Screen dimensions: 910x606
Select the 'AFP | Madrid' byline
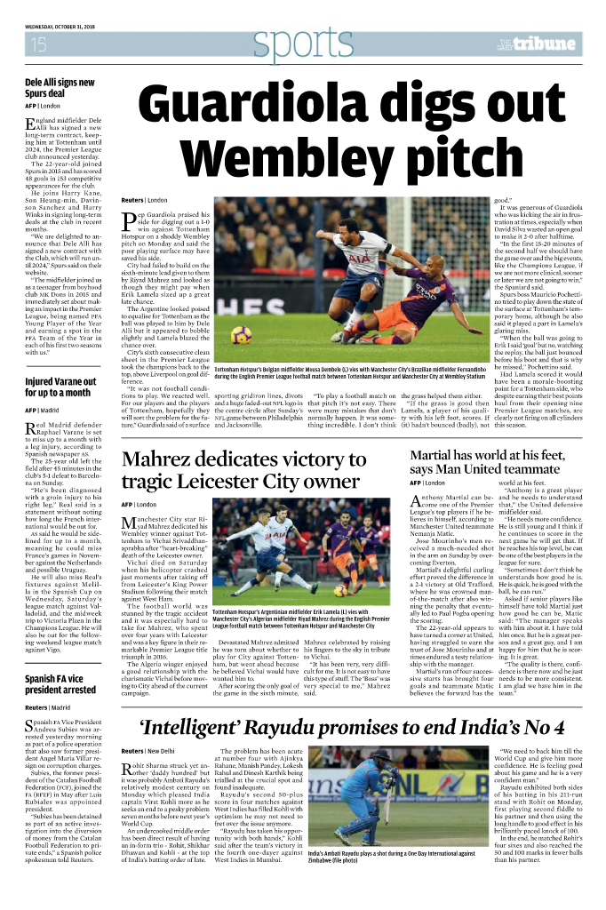[x=42, y=411]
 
